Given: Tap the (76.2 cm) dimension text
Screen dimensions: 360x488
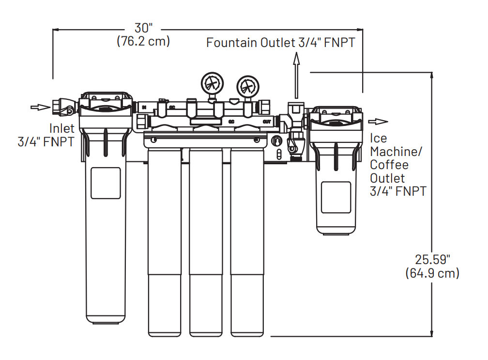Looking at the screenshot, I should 143,41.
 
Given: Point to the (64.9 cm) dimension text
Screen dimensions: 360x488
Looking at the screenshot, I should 432,273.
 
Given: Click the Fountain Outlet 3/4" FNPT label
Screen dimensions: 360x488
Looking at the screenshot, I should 280,43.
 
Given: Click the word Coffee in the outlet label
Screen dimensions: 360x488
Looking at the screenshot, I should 389,165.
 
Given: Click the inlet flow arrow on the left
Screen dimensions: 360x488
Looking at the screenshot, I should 40,107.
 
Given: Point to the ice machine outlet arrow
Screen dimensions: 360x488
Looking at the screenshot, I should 378,122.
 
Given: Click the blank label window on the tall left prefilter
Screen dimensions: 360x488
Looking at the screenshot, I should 105,183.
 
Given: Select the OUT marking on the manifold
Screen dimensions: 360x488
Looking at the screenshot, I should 266,121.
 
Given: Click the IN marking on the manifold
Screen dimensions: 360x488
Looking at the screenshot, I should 144,107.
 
